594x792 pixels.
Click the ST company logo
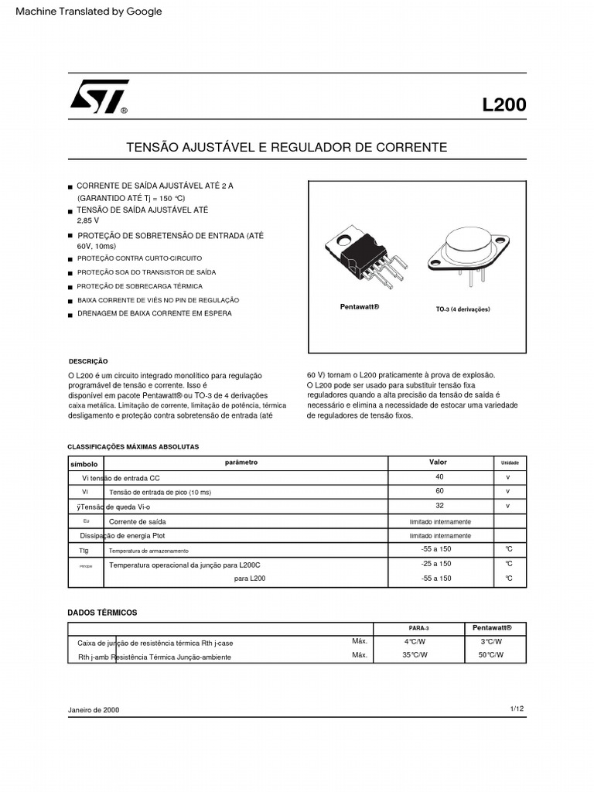(98, 97)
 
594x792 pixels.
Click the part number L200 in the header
(504, 105)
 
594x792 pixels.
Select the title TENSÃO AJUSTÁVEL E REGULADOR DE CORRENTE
(286, 147)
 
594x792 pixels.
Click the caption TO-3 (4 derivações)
(463, 309)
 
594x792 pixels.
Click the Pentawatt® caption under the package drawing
(360, 307)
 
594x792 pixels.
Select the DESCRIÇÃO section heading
(88, 361)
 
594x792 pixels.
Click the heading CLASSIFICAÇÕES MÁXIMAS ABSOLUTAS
(133, 447)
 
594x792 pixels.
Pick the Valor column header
(438, 463)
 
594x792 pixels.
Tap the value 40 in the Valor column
(439, 477)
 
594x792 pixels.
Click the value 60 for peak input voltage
(439, 491)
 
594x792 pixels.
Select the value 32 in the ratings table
(439, 505)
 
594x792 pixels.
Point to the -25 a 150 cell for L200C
(436, 564)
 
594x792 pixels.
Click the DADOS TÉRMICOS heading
(102, 613)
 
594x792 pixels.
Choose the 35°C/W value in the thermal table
(415, 655)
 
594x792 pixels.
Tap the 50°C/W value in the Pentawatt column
(490, 655)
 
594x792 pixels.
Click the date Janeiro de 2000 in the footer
(94, 710)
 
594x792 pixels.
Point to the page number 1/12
(517, 708)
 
